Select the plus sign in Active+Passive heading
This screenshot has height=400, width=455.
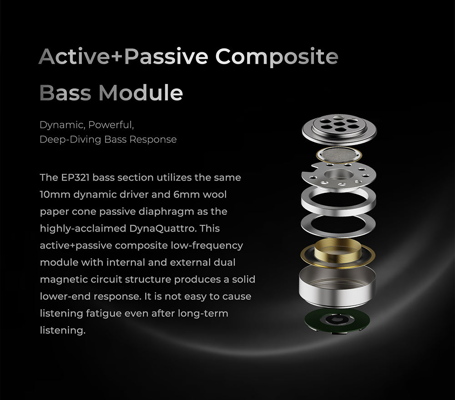[116, 56]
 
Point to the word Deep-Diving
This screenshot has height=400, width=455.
[70, 140]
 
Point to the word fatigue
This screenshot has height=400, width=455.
[103, 314]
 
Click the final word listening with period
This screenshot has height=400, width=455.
[63, 330]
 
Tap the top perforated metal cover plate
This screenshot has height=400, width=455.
[339, 128]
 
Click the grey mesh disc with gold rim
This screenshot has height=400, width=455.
[339, 155]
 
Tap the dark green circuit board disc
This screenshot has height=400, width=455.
[337, 320]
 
